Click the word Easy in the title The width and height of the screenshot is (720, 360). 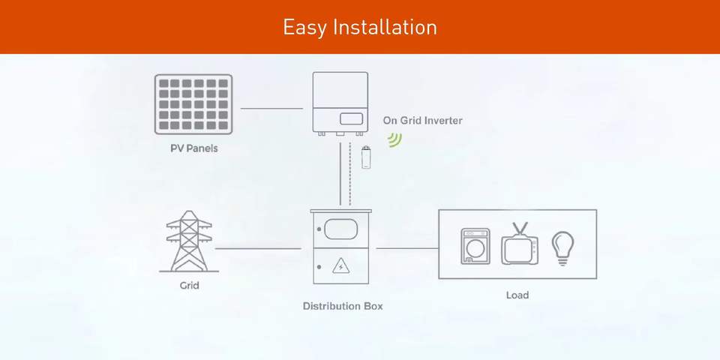coord(303,28)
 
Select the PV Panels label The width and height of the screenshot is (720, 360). coord(193,148)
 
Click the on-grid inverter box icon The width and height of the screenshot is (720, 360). coord(340,102)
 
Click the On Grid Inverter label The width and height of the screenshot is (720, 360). coord(423,120)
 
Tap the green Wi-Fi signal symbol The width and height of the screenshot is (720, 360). coord(394,139)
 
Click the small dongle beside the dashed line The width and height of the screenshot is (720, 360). coord(367,157)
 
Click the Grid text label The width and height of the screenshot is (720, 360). coord(189,286)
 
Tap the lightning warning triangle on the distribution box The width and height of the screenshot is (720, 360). coord(340,265)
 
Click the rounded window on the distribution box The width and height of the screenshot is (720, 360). coord(341,228)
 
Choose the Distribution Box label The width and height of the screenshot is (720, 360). coord(343,306)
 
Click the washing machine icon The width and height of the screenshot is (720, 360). coord(475,247)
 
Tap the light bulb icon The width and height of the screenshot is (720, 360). coord(562,247)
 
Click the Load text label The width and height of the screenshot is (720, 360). coord(517,295)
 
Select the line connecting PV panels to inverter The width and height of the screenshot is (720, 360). coord(271,109)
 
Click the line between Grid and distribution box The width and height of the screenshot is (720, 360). coord(257,248)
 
